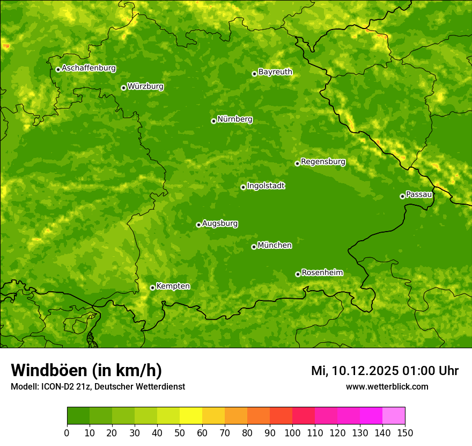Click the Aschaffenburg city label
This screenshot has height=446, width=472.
coord(88,68)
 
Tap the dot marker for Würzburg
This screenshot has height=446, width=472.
coord(123,88)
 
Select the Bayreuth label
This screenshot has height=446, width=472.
coord(275,71)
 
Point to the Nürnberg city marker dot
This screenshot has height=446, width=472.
coord(213,121)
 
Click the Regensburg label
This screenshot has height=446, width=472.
coord(323,161)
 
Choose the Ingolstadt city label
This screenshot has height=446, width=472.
coord(265,186)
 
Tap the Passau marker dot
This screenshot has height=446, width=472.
coord(402,196)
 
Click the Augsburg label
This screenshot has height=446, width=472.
coord(220,223)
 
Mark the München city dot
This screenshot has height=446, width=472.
coord(254,247)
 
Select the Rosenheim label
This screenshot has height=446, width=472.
coord(322,272)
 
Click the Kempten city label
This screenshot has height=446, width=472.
coord(173,286)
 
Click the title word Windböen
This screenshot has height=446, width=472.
coord(48,370)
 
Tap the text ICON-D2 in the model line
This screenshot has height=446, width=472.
coord(54,387)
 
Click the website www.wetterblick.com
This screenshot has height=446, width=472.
coord(387,386)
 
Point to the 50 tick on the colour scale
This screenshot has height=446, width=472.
coord(179,433)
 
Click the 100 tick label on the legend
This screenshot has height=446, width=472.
coord(292,433)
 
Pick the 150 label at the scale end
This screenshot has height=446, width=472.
coord(405,433)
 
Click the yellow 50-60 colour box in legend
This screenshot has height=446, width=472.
coord(190,416)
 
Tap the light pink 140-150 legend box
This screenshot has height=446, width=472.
coord(393,416)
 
